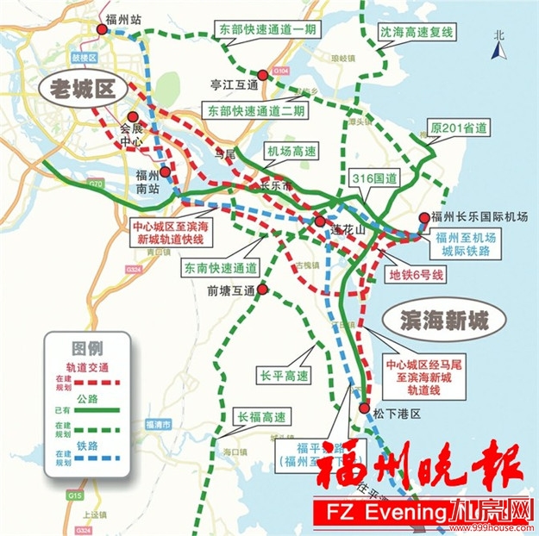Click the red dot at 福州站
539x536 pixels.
coord(103,28)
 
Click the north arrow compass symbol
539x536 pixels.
coord(498,45)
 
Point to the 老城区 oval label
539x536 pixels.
coord(83,88)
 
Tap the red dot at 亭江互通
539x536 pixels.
coord(263,76)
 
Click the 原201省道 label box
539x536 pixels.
coord(458,128)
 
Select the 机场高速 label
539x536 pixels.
coord(291,151)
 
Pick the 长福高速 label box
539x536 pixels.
coord(261,418)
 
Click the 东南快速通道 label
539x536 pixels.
coord(221,268)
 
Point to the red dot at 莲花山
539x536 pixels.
coord(320,220)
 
